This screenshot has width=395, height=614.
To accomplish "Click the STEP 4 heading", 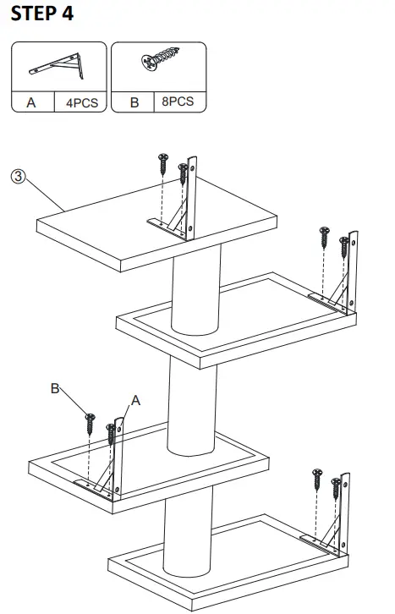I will coord(42,14).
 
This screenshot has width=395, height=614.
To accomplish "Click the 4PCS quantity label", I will coord(77,102).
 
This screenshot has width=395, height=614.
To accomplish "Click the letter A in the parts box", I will coord(31,102).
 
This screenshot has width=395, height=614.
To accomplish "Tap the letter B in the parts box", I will coord(133,102).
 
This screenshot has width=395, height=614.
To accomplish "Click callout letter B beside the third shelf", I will coord(55,389).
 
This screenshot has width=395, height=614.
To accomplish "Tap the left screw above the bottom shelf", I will coord(316,480).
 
